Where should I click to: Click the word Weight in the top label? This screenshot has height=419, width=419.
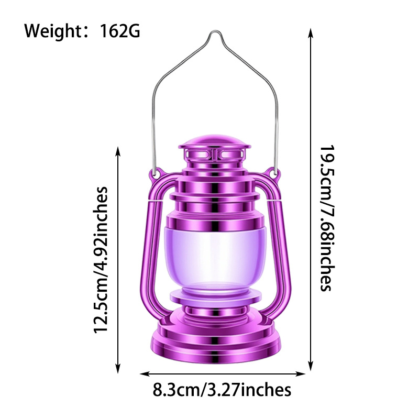(50, 31)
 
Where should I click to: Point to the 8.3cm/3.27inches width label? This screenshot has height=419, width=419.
(222, 390)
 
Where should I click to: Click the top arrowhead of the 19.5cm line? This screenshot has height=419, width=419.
(311, 32)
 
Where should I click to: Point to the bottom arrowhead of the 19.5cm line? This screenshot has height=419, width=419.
(311, 366)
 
